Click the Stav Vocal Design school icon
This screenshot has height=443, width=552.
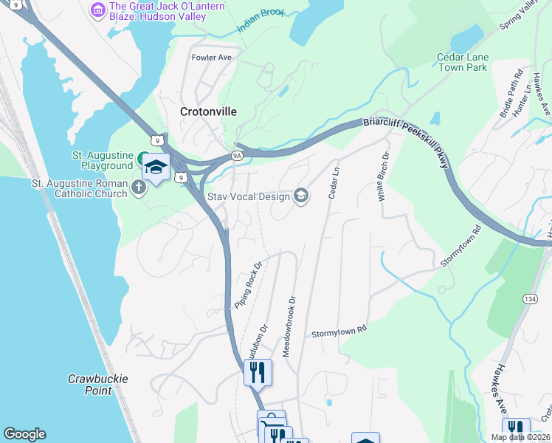click(x=300, y=195)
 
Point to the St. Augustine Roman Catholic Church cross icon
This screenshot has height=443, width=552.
click(x=138, y=188)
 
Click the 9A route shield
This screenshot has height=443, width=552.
click(x=237, y=156)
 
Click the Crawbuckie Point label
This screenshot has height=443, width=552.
click(x=98, y=384)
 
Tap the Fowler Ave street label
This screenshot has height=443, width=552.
click(x=212, y=57)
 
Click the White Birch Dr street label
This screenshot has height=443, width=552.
click(x=384, y=175)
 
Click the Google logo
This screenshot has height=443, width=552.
click(x=24, y=434)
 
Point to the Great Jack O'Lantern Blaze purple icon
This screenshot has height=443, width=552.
click(x=97, y=10)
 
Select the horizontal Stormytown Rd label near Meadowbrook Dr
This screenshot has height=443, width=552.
click(x=339, y=332)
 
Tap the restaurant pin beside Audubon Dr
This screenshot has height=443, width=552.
click(x=258, y=371)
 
